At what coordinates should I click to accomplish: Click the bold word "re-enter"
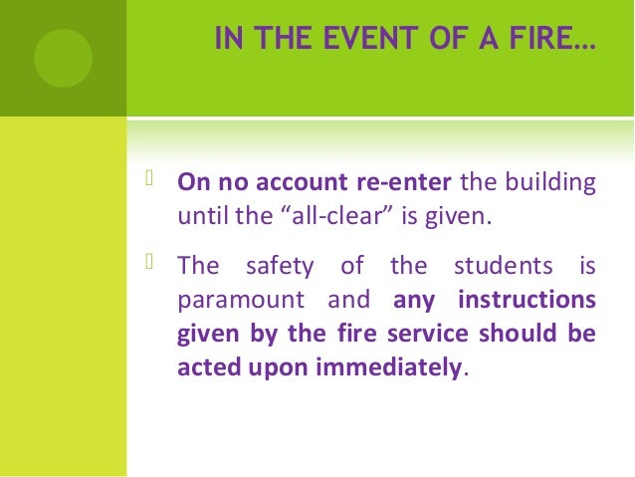tap(406, 183)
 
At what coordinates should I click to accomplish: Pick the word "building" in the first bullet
tap(552, 183)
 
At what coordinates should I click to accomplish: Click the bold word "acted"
tap(206, 365)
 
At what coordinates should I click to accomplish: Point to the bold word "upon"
tap(275, 367)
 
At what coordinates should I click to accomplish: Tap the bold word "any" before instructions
tap(413, 301)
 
